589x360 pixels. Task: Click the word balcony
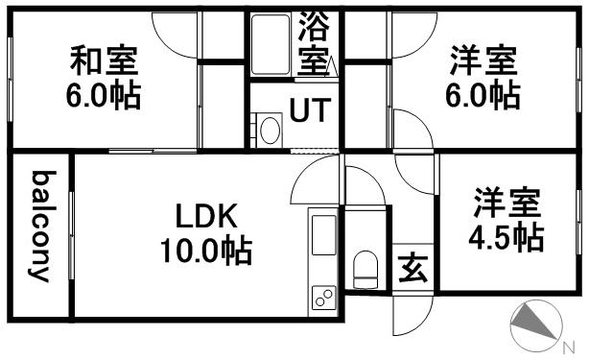(41, 227)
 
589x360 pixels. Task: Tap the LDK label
(204, 214)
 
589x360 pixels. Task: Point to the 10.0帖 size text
(205, 252)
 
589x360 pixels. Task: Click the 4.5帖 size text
(507, 236)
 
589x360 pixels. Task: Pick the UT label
(310, 111)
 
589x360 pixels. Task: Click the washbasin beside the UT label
(270, 129)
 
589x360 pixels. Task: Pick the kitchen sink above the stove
(323, 236)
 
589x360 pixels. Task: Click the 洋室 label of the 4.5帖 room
(507, 204)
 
